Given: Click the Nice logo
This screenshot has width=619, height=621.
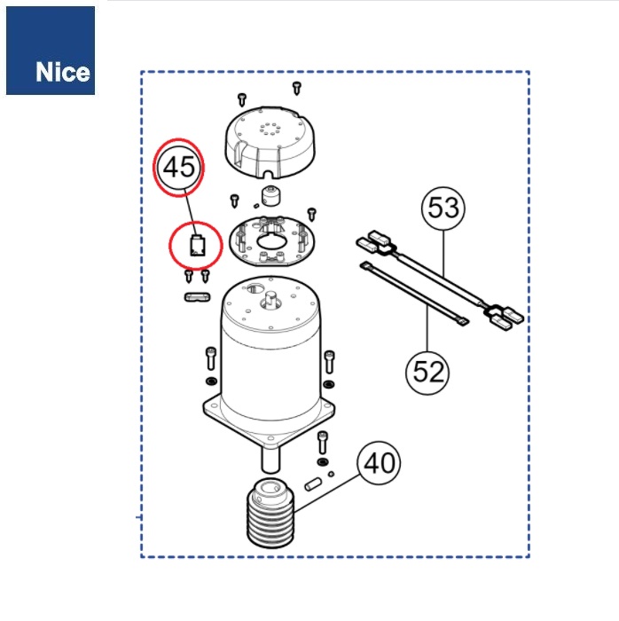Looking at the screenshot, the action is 51,51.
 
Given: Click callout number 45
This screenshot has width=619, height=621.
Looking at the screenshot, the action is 179,167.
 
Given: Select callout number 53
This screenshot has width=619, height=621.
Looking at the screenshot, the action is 443,208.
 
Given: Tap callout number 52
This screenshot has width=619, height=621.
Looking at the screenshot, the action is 427,373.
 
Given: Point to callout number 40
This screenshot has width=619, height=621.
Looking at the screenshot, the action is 379,463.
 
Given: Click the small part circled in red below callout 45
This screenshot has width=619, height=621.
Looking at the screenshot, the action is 198,246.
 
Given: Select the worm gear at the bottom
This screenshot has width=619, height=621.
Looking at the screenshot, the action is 270,514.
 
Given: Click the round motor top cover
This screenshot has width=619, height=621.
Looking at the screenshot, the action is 270,144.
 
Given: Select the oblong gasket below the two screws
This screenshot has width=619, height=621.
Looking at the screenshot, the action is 198,297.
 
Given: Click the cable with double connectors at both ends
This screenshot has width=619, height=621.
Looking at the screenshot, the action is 440,281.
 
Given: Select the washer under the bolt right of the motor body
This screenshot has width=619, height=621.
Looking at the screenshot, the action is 328,384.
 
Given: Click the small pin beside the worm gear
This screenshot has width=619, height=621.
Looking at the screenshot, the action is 313,484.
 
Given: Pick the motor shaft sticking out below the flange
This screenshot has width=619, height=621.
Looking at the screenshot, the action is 270,460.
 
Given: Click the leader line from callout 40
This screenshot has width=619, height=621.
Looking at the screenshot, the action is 327,493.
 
